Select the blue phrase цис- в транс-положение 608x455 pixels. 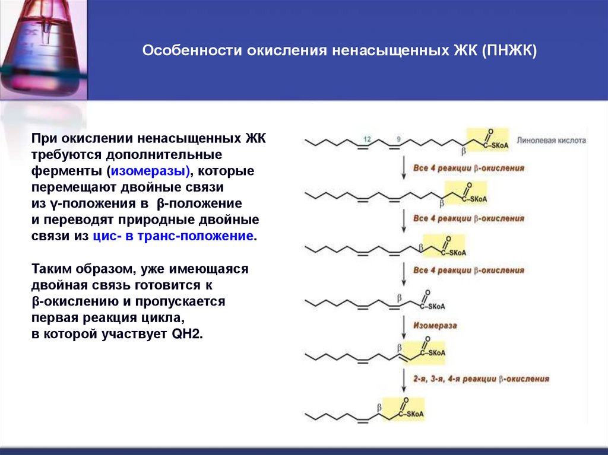point(173,236)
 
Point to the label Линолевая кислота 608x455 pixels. point(551,141)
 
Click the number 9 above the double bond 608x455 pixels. point(398,139)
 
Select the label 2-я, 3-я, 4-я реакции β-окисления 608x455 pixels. point(482,378)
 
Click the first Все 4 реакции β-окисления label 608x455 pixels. point(469,168)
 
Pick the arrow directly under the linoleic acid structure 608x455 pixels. point(404,168)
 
